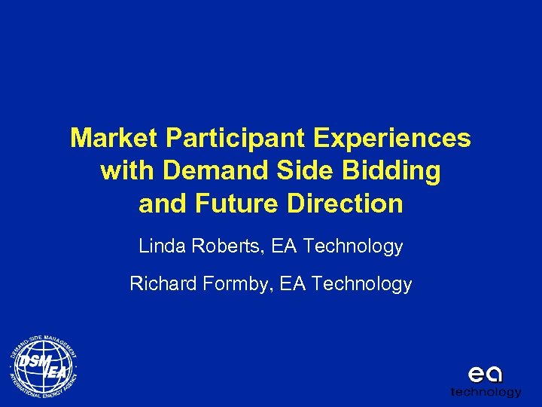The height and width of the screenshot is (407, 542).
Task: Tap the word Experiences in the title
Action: pyautogui.click(x=393, y=139)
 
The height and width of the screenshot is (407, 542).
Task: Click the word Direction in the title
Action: pyautogui.click(x=348, y=203)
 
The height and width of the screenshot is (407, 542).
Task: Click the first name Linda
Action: pyautogui.click(x=160, y=246)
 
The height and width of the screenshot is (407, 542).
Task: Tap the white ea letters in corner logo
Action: pyautogui.click(x=485, y=375)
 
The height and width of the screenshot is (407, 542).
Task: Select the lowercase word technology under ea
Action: pyautogui.click(x=486, y=392)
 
